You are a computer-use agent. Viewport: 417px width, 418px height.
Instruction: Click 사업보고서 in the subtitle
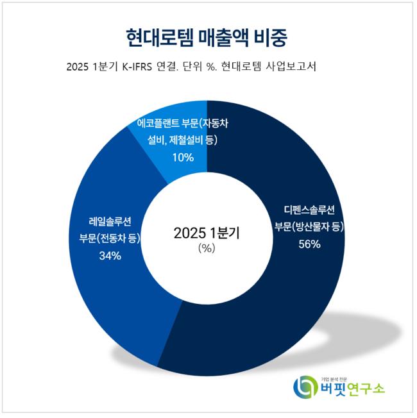coord(290,67)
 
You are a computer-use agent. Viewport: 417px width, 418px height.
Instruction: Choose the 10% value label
coord(182,156)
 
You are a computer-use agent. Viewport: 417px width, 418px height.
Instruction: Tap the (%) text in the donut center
coord(207,249)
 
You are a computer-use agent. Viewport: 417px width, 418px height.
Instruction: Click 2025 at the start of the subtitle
coord(78,67)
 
